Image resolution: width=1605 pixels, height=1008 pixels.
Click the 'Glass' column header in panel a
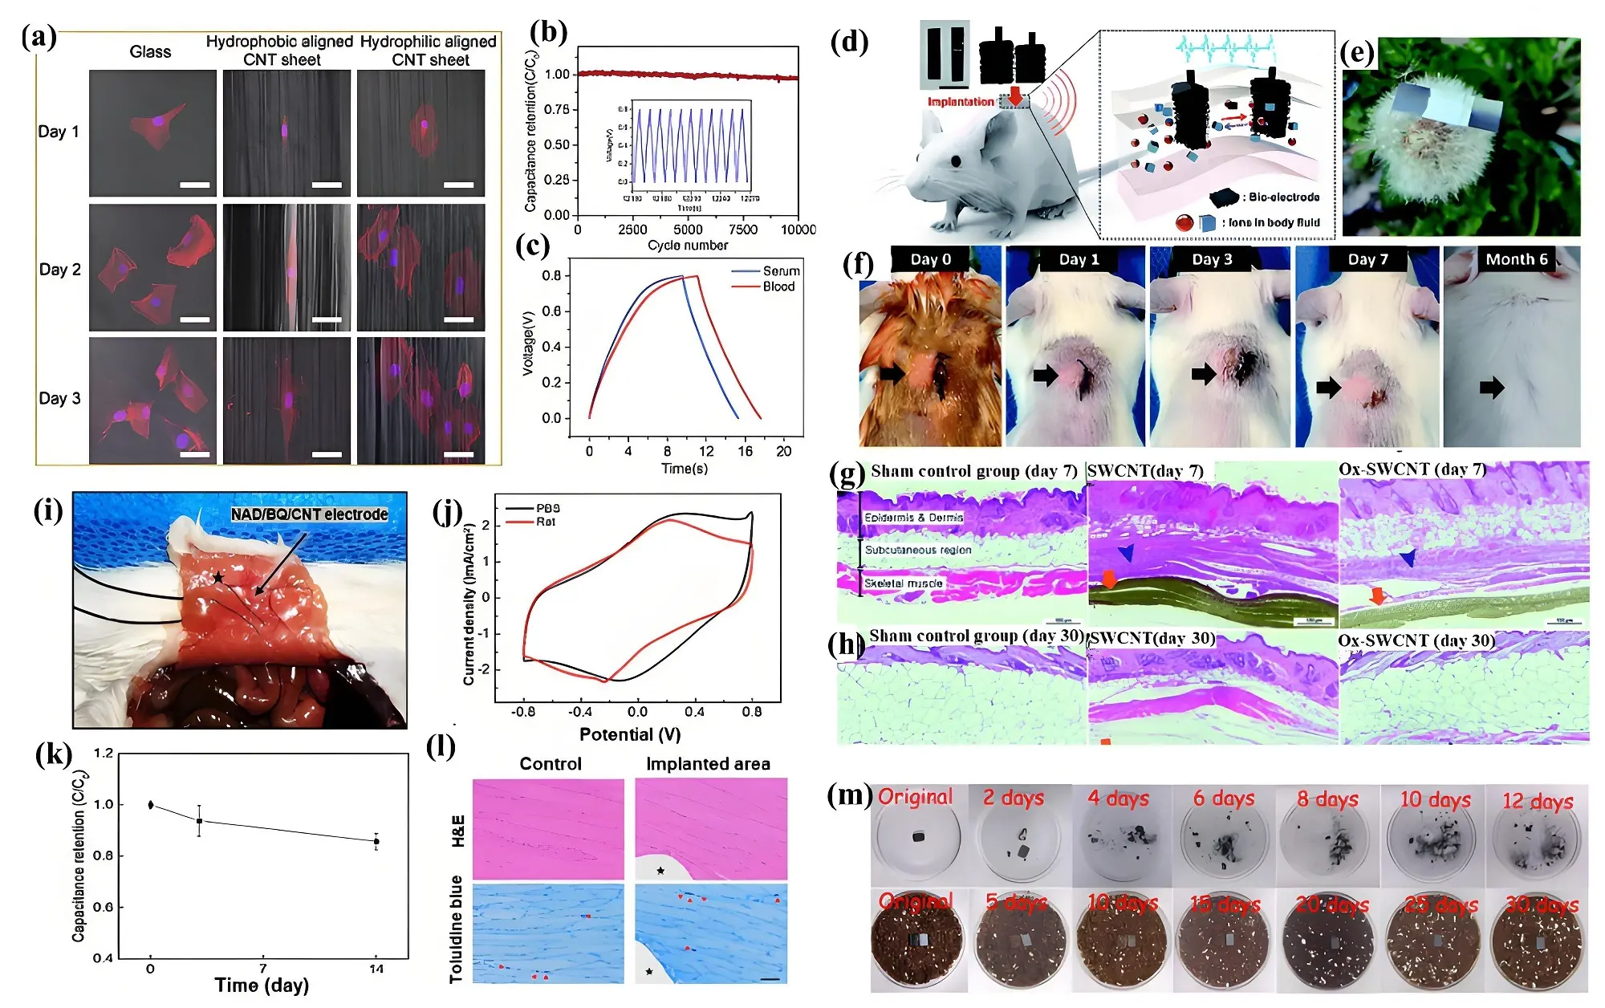[x=150, y=52]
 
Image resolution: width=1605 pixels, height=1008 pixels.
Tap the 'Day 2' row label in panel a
[x=60, y=270]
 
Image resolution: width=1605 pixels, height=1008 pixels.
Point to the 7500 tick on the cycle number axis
[x=742, y=230]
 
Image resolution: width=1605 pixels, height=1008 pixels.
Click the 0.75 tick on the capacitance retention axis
[x=557, y=109]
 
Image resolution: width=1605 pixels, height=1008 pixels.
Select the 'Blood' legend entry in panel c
[x=778, y=287]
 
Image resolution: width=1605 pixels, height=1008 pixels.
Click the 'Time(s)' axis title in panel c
[x=685, y=468]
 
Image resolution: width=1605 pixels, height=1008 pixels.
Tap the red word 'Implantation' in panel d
[x=961, y=102]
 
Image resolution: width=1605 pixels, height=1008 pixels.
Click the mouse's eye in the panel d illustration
[x=956, y=161]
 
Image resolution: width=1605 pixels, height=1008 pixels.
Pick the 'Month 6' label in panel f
[x=1516, y=259]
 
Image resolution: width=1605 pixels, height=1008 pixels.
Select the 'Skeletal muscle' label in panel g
[x=903, y=583]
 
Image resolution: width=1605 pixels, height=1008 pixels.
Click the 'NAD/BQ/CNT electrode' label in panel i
[x=309, y=514]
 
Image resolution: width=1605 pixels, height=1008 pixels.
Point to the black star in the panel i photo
[x=218, y=578]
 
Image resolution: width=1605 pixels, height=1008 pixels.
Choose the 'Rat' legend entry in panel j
[x=546, y=522]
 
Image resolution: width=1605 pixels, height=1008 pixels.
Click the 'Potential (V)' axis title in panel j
[x=630, y=734]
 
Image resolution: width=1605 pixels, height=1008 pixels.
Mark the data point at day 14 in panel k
[x=376, y=841]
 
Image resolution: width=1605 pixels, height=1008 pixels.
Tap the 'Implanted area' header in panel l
[x=708, y=764]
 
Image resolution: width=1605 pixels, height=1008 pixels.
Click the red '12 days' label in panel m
[x=1538, y=801]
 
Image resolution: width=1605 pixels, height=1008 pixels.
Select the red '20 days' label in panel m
[x=1332, y=904]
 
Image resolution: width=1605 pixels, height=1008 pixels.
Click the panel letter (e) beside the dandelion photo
[x=1357, y=53]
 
